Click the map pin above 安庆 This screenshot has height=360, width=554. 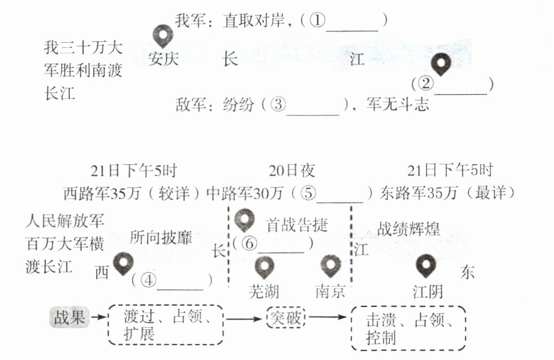click(163, 36)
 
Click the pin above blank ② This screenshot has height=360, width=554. click(441, 65)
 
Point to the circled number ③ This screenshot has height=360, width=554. click(278, 105)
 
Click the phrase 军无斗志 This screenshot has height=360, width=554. click(398, 105)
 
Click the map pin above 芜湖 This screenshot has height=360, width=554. click(264, 266)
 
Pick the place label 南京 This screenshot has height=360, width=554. click(330, 291)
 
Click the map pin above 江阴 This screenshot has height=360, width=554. click(426, 265)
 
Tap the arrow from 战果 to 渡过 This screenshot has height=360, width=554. click(97, 318)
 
